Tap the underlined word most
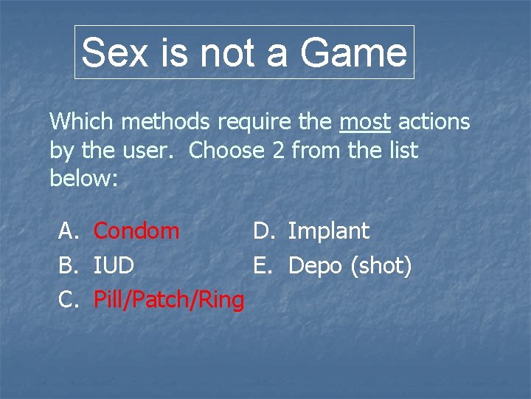tap(365, 121)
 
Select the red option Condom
tap(136, 231)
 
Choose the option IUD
tap(114, 265)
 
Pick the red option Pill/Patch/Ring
tap(169, 299)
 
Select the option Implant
tap(328, 231)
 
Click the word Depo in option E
tap(315, 265)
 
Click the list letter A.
tap(68, 231)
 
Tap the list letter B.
tap(68, 265)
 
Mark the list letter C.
tap(68, 299)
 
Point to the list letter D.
tap(264, 231)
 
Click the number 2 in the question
tap(278, 151)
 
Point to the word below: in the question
tap(84, 180)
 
